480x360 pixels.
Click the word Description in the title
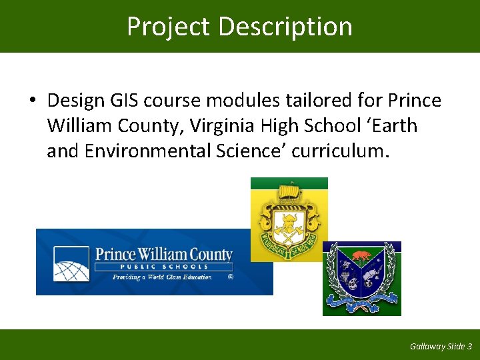tap(285, 27)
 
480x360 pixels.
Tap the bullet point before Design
tap(32, 101)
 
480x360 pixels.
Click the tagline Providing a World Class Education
tap(162, 277)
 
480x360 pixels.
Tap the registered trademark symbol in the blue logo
tap(231, 277)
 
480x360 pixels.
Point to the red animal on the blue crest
tap(361, 255)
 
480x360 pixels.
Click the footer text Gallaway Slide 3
tap(441, 346)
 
